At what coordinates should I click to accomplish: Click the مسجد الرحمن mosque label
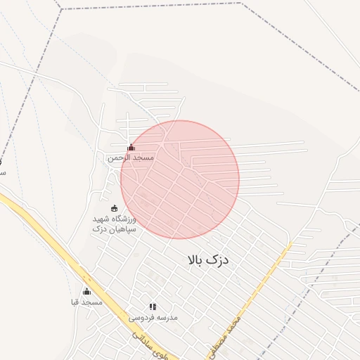click(x=130, y=158)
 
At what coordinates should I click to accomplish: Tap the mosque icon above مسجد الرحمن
click(x=131, y=148)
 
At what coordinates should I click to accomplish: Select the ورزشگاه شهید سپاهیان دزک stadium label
click(x=115, y=224)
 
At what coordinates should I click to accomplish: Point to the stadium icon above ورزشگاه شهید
click(x=115, y=208)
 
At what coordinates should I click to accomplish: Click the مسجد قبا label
click(x=86, y=302)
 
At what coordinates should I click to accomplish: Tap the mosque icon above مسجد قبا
click(x=86, y=291)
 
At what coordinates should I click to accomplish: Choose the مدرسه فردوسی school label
click(x=153, y=317)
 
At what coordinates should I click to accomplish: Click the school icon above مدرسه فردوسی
click(x=153, y=307)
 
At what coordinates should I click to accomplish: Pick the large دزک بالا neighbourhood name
click(x=209, y=260)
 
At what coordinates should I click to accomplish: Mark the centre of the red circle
click(x=180, y=179)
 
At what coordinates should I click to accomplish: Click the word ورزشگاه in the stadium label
click(x=124, y=219)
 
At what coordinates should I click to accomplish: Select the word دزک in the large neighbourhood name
click(x=220, y=260)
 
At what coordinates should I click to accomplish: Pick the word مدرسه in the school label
click(x=167, y=317)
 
